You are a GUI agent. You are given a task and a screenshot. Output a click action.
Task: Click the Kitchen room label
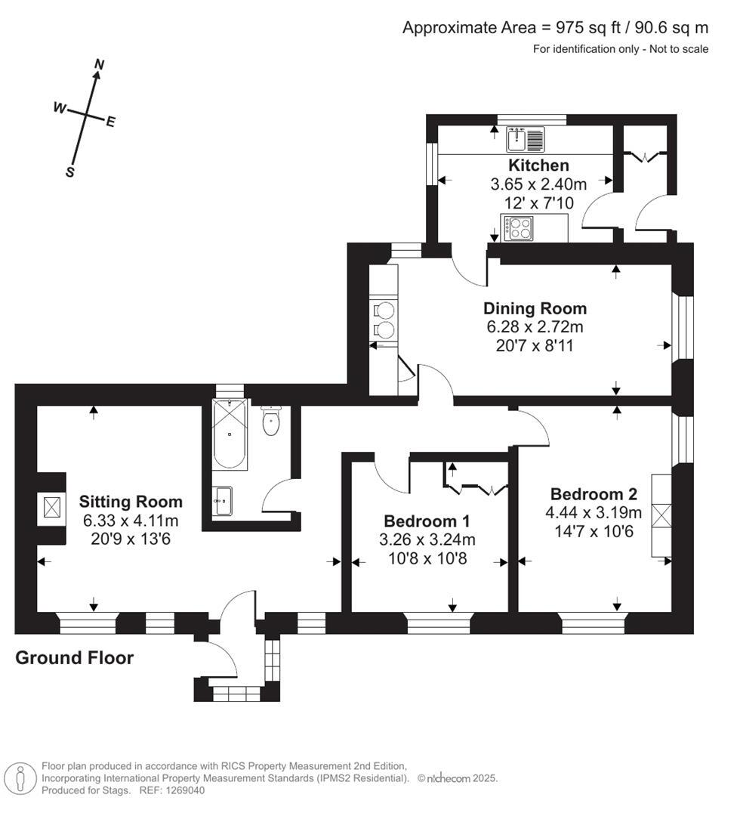click(x=538, y=165)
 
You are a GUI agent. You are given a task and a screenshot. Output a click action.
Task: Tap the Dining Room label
click(x=535, y=308)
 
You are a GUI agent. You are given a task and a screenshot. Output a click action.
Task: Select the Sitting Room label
click(x=131, y=502)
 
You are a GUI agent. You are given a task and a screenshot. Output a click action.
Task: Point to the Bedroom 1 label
click(x=427, y=521)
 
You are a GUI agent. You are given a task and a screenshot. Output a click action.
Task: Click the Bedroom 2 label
click(x=594, y=494)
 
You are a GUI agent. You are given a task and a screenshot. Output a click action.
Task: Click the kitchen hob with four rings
click(x=519, y=227)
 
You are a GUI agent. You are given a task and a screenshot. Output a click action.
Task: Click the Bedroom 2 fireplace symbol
click(x=661, y=519)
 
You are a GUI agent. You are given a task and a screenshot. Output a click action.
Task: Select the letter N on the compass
click(x=97, y=66)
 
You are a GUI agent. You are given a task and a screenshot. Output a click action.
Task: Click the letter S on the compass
click(x=70, y=172)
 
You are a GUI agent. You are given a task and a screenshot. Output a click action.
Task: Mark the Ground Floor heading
click(x=75, y=658)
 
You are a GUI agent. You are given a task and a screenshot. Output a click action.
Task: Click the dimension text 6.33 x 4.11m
click(x=131, y=520)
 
